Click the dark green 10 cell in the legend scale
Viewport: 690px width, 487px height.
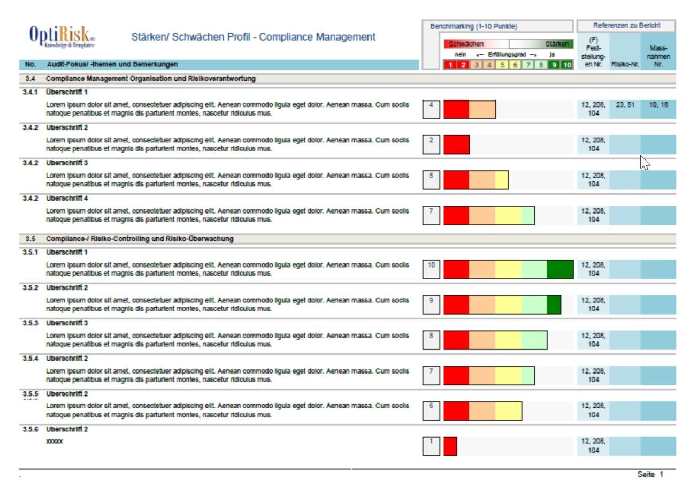coord(567,65)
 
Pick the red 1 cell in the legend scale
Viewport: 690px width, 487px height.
coord(450,65)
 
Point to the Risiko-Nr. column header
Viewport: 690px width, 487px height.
coord(625,64)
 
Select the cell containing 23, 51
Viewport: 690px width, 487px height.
coord(625,105)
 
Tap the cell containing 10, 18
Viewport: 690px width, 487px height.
coord(658,105)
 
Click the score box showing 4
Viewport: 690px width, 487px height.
coord(431,109)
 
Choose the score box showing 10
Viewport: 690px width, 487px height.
coord(431,269)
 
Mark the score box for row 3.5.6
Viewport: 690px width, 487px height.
coord(431,446)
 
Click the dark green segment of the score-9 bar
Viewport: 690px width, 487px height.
coord(554,305)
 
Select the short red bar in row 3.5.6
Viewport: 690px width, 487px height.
coord(450,446)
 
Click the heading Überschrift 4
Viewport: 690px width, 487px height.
coord(67,199)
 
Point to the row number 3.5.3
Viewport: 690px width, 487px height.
coord(30,323)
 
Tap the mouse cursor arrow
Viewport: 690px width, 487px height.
coord(644,162)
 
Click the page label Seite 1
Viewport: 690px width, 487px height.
coord(650,475)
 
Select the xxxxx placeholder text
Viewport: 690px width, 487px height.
coord(54,442)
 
